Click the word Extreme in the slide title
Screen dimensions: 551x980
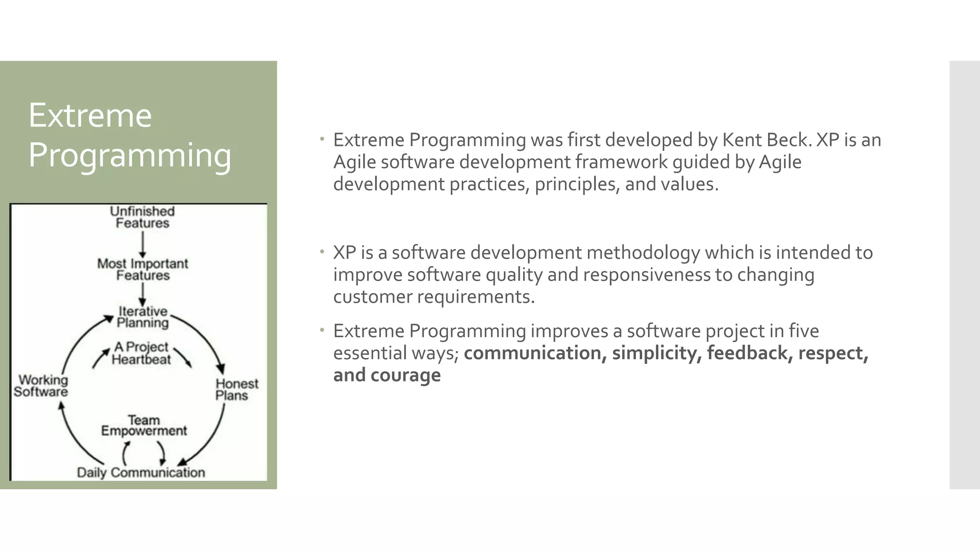click(x=90, y=116)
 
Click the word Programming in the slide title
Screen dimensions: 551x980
click(x=130, y=155)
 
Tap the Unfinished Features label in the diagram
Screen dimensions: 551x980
click(x=142, y=217)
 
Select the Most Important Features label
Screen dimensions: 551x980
click(x=143, y=269)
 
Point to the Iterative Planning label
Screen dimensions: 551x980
click(x=143, y=317)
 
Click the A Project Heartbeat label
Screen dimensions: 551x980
click(x=141, y=353)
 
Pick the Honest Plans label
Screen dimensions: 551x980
click(x=236, y=389)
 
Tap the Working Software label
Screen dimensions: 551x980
click(x=41, y=386)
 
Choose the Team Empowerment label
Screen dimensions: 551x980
click(x=144, y=426)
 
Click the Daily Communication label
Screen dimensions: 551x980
click(x=141, y=473)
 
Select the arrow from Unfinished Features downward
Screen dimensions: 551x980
click(x=142, y=244)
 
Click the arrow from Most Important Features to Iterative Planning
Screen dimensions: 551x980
click(x=142, y=294)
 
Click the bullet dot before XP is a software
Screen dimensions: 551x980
click(x=323, y=251)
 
